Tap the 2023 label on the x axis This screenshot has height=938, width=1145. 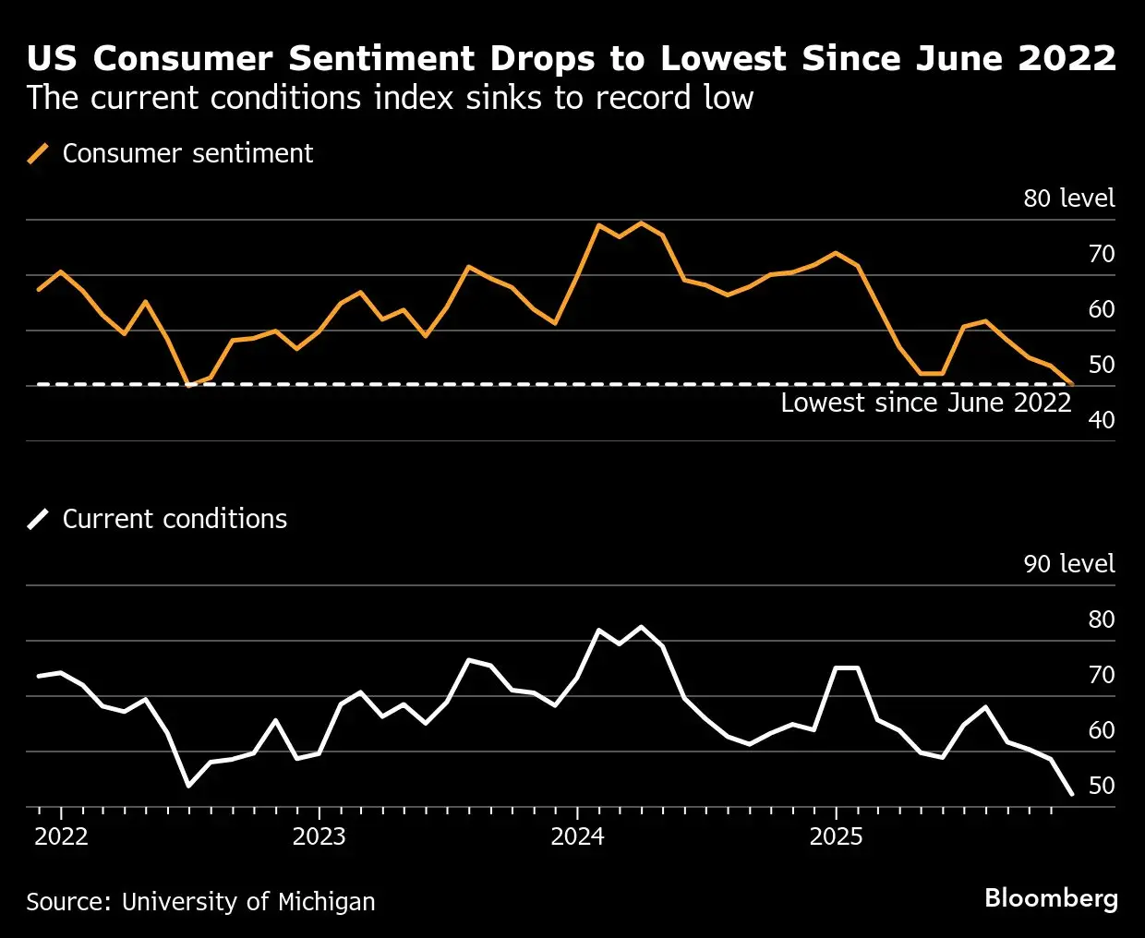(x=319, y=836)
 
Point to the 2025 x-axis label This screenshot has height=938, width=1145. (x=836, y=836)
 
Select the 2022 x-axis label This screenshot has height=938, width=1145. (x=61, y=836)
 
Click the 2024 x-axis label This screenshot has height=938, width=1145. (x=577, y=836)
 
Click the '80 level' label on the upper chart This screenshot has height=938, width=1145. (x=1068, y=198)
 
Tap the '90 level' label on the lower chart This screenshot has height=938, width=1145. (x=1068, y=564)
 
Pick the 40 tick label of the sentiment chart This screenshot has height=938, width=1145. (x=1102, y=420)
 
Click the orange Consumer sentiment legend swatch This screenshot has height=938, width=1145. (x=38, y=153)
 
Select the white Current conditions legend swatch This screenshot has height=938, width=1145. (x=38, y=519)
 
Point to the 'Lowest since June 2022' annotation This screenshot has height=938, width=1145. (x=925, y=403)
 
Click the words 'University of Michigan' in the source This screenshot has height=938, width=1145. (x=248, y=901)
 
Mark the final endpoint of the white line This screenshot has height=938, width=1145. (x=1071, y=794)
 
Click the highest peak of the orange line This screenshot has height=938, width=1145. (x=642, y=222)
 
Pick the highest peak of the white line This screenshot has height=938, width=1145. (x=642, y=627)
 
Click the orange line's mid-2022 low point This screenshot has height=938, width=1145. (x=189, y=385)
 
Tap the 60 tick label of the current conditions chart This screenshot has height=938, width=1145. (x=1102, y=730)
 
